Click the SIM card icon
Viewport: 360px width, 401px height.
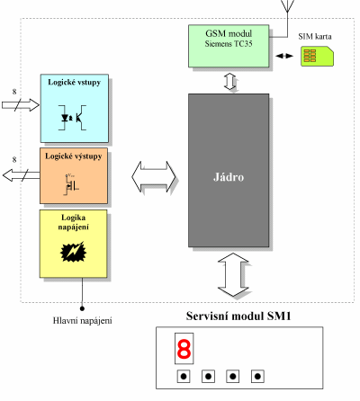point(317,56)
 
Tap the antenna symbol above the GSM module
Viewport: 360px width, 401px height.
point(287,6)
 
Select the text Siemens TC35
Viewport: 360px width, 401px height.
point(229,44)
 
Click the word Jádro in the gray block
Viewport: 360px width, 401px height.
point(229,177)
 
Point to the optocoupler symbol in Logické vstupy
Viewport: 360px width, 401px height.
point(72,118)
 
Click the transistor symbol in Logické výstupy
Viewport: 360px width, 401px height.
point(71,184)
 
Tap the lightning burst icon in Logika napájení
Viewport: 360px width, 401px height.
point(73,252)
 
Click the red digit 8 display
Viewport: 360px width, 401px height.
point(184,349)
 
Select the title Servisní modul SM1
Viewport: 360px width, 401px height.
point(238,316)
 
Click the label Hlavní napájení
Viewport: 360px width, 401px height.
point(83,321)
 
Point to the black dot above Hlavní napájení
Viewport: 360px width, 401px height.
point(82,308)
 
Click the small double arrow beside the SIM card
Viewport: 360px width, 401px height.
point(284,56)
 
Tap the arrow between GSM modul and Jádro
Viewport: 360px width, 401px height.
point(229,82)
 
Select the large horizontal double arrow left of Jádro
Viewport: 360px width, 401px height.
point(154,177)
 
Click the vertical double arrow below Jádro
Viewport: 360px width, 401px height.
point(233,274)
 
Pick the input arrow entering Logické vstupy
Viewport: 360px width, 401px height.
point(21,105)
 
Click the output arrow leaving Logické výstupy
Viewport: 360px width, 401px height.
point(21,175)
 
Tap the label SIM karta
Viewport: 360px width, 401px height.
point(315,37)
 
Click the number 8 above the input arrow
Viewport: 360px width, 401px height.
point(14,92)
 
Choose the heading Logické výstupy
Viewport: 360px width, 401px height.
point(74,156)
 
